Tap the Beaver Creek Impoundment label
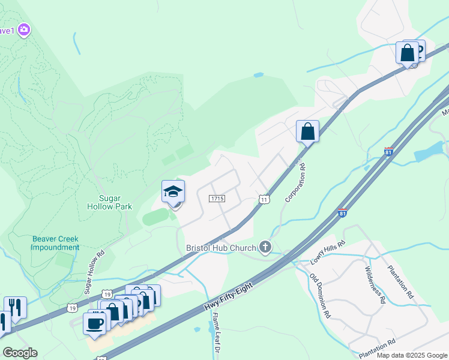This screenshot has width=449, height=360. pos(55,243)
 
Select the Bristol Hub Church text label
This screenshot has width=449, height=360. pos(221,247)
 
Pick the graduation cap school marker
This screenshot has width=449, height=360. pos(173,192)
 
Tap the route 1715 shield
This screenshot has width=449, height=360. pos(217,198)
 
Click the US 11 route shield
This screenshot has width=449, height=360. pos(263,199)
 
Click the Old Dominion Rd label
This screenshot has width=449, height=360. pos(320,295)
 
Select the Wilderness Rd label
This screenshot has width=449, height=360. pos(374,284)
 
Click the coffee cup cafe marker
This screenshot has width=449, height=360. pos(95,323)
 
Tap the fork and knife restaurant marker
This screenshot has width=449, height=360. pos(15,308)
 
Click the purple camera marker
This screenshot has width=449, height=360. pos(24,29)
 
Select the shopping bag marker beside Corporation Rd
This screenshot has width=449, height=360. pos(307,131)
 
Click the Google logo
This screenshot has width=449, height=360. pos(20,353)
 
